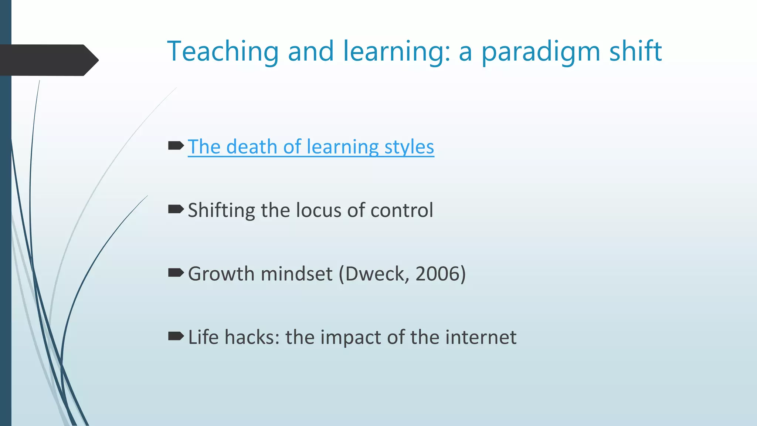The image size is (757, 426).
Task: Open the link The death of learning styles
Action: [310, 147]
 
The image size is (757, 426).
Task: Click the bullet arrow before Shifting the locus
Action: [176, 210]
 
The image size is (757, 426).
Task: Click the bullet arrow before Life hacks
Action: [176, 336]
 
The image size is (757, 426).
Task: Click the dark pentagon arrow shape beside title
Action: [48, 60]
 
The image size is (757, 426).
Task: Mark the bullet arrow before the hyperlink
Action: [176, 146]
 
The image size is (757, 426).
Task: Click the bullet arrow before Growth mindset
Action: [176, 273]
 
